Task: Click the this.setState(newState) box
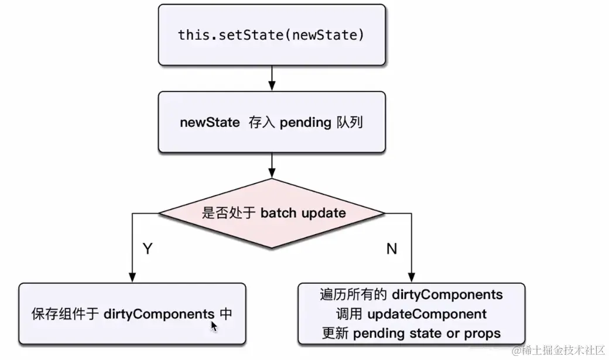(271, 35)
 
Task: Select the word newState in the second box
(210, 123)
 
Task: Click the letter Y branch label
(148, 249)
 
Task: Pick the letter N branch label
(392, 249)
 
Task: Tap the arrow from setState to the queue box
(271, 77)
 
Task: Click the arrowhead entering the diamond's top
(271, 173)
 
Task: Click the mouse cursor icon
(214, 326)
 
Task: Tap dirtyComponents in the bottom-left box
(159, 313)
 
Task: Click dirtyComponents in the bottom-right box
(447, 293)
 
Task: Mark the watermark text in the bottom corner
(558, 350)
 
